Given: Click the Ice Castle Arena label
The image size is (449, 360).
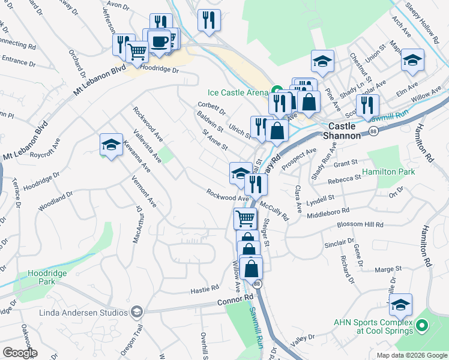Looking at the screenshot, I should point(237,92).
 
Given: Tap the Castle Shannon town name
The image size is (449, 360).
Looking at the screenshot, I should point(345,131).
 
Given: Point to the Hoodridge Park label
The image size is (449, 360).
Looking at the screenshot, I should point(47,278).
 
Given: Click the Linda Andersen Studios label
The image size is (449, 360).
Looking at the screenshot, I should point(83,313).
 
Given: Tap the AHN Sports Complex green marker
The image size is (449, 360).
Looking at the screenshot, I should point(422,326).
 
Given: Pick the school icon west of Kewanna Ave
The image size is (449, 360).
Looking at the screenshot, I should point(111,145).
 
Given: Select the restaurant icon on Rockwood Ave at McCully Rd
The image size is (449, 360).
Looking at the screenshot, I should point(256,185).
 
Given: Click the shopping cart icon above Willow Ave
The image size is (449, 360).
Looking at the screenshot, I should point(245,219).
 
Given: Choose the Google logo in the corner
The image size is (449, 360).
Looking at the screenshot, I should point(20,353).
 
